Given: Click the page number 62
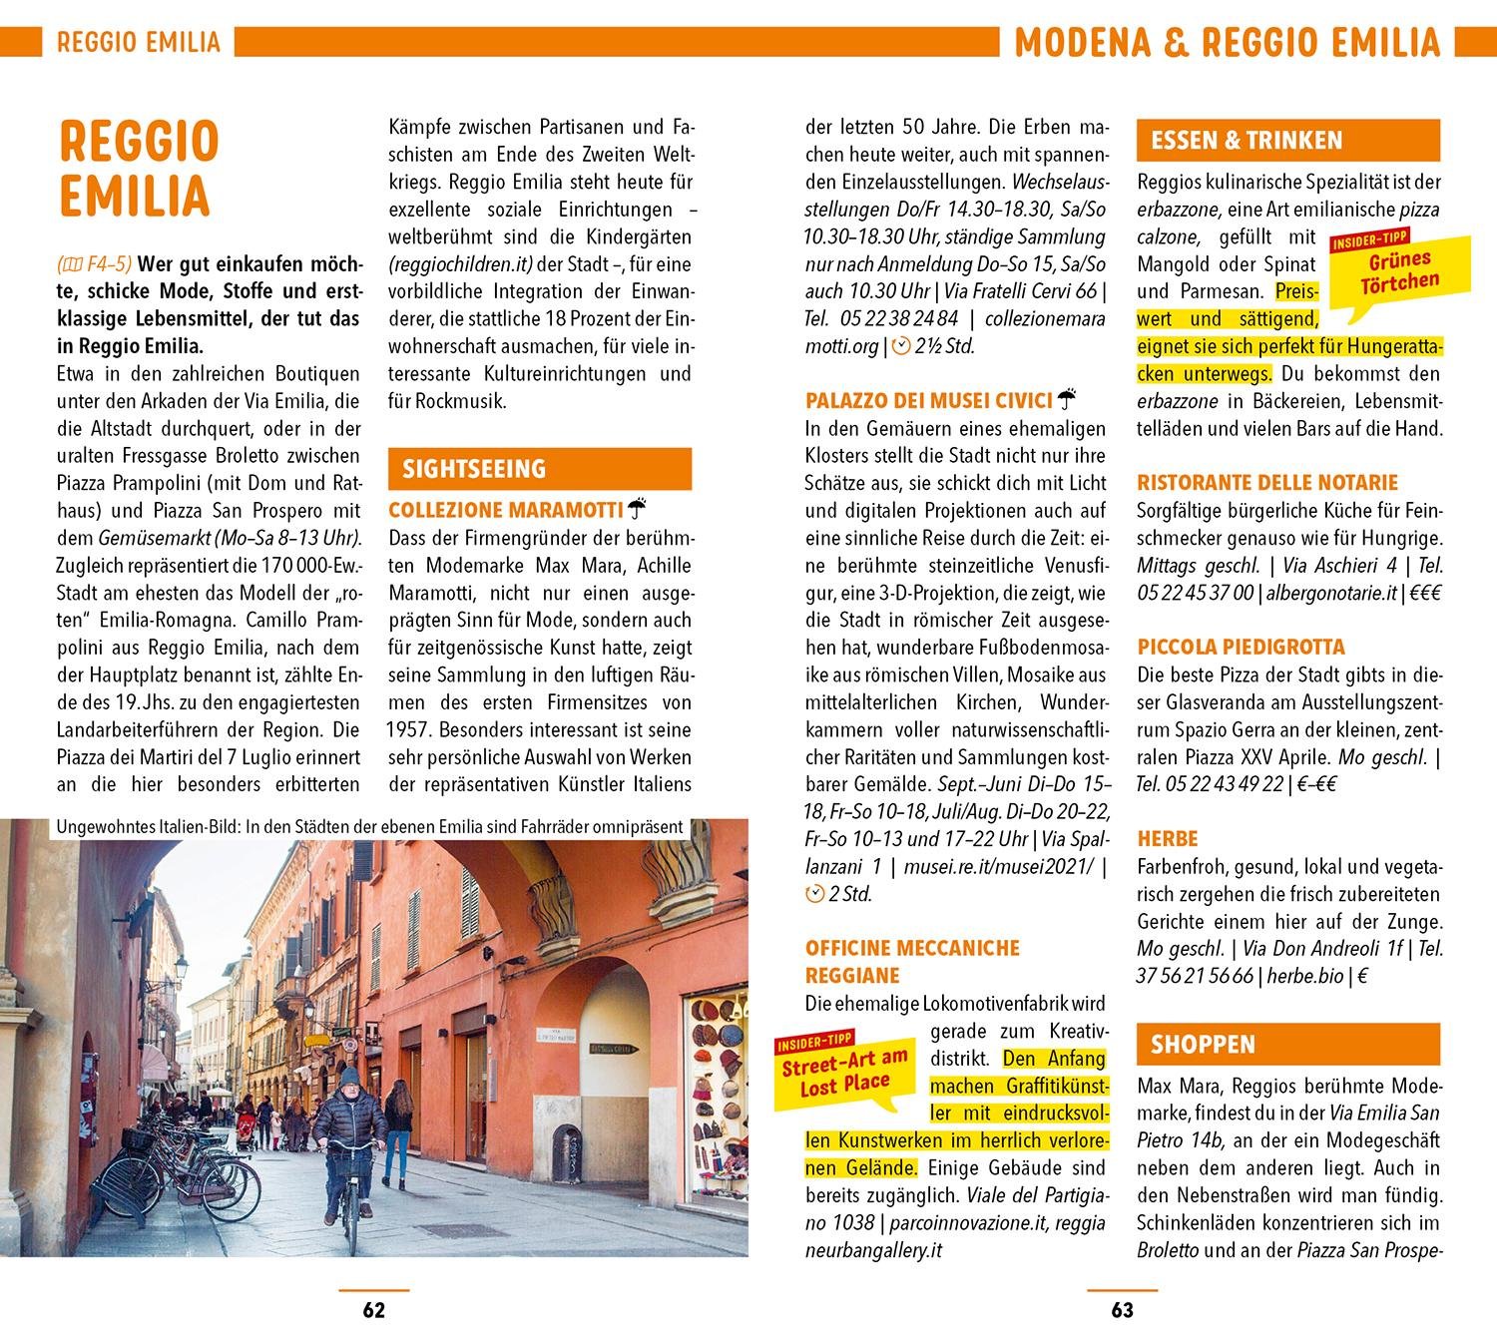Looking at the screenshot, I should point(373,1310).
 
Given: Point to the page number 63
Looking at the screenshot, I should point(1122,1310).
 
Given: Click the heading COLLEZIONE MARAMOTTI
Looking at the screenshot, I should point(505,510).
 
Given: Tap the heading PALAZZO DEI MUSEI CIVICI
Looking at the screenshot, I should point(928,401).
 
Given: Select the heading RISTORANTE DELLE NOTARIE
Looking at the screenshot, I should point(1267,483).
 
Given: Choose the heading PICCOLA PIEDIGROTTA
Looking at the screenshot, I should point(1241,647).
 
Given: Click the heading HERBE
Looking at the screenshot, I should point(1167,839).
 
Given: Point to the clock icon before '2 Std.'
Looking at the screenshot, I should point(815,894).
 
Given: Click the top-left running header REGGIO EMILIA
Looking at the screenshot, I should point(138,42).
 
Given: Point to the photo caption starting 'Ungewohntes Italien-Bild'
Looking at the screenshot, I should point(369,827).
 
